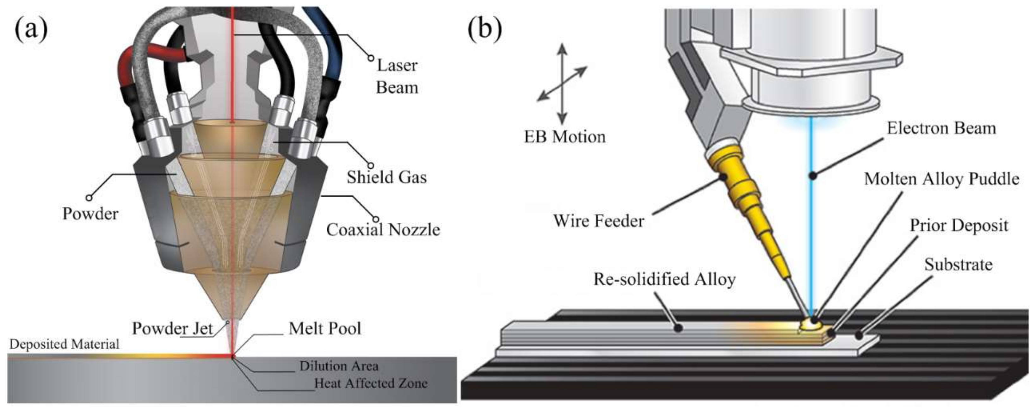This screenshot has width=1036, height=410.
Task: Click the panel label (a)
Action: pos(31,29)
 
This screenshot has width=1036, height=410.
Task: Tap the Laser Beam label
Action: pos(397,77)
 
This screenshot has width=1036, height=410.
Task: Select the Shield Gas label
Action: pos(386,177)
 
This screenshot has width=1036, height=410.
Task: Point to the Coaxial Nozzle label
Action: pos(383,230)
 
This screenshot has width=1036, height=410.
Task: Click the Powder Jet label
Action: pos(172,329)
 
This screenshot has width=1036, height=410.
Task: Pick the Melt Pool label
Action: pos(324,329)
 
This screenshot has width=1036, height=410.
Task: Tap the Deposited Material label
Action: pos(64,345)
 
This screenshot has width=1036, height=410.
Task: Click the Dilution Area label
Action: pos(339,366)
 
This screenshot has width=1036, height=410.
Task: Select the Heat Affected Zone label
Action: pos(370,383)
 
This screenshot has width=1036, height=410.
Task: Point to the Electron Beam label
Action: pos(941,128)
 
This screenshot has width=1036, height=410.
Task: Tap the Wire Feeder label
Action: pos(598,221)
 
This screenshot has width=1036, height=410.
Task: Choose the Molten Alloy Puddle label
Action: pos(941,179)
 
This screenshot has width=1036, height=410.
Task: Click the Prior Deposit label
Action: pos(959,226)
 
